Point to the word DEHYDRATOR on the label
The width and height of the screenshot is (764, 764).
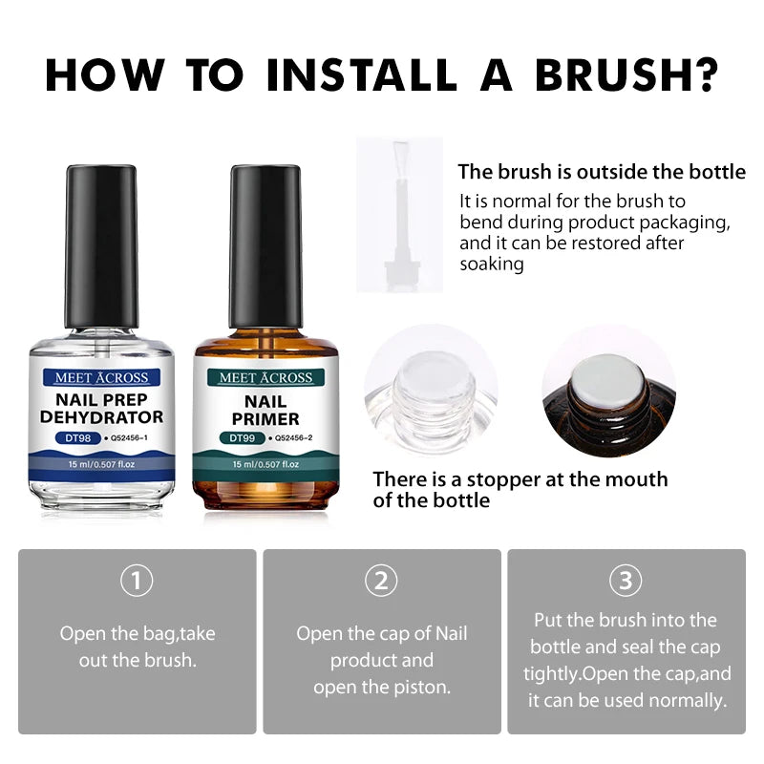point(102,417)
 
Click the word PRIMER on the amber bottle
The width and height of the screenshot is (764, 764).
point(265,418)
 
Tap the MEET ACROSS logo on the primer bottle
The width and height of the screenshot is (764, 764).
point(265,376)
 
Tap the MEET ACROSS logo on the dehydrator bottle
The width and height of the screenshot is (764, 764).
point(102,376)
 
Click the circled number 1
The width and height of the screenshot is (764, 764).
point(138,580)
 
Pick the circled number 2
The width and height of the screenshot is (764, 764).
point(382,580)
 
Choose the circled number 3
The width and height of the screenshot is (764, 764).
point(626,580)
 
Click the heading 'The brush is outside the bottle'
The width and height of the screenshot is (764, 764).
point(602,172)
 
